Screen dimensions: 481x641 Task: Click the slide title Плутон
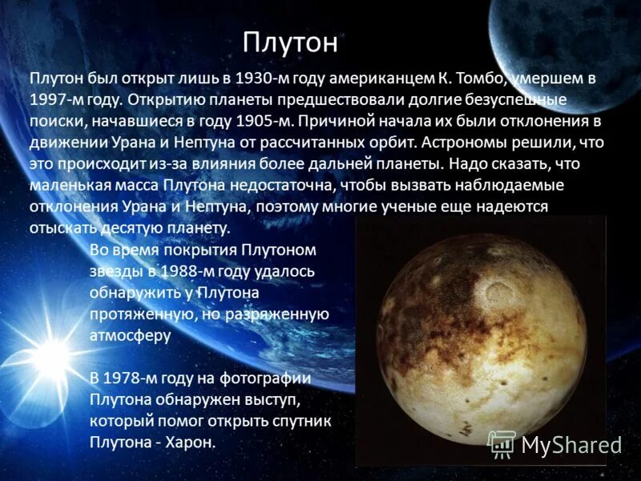click(x=290, y=43)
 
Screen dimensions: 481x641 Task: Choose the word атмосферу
click(x=131, y=334)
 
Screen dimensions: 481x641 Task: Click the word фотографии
click(x=268, y=378)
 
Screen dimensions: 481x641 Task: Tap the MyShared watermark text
click(x=571, y=445)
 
